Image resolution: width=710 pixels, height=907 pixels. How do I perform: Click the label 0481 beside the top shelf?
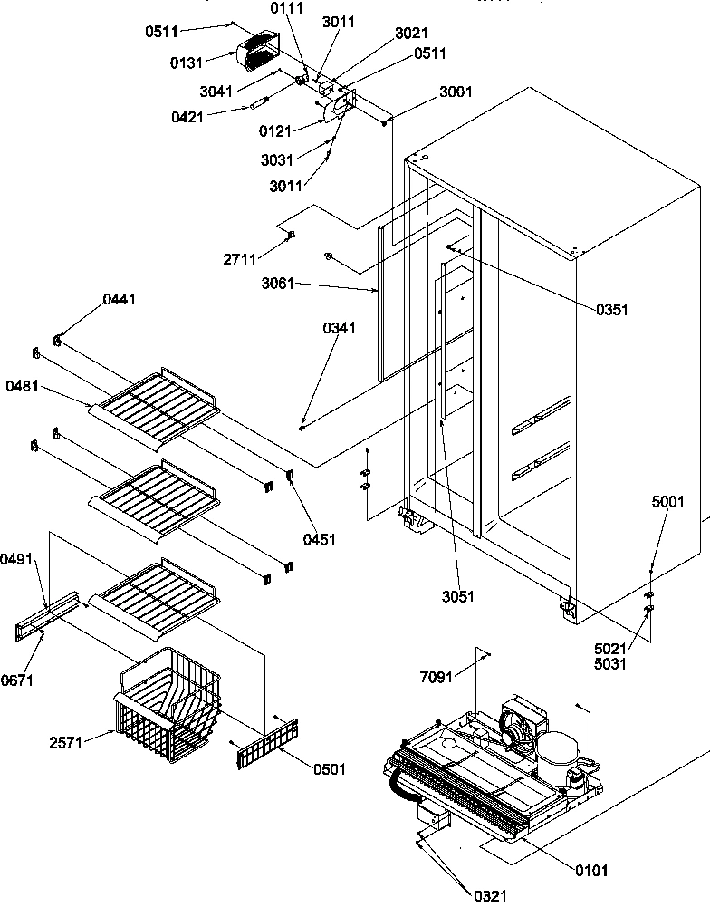coord(22,386)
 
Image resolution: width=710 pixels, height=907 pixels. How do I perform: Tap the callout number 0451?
coord(320,539)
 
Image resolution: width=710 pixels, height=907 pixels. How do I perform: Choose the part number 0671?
coord(18,680)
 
